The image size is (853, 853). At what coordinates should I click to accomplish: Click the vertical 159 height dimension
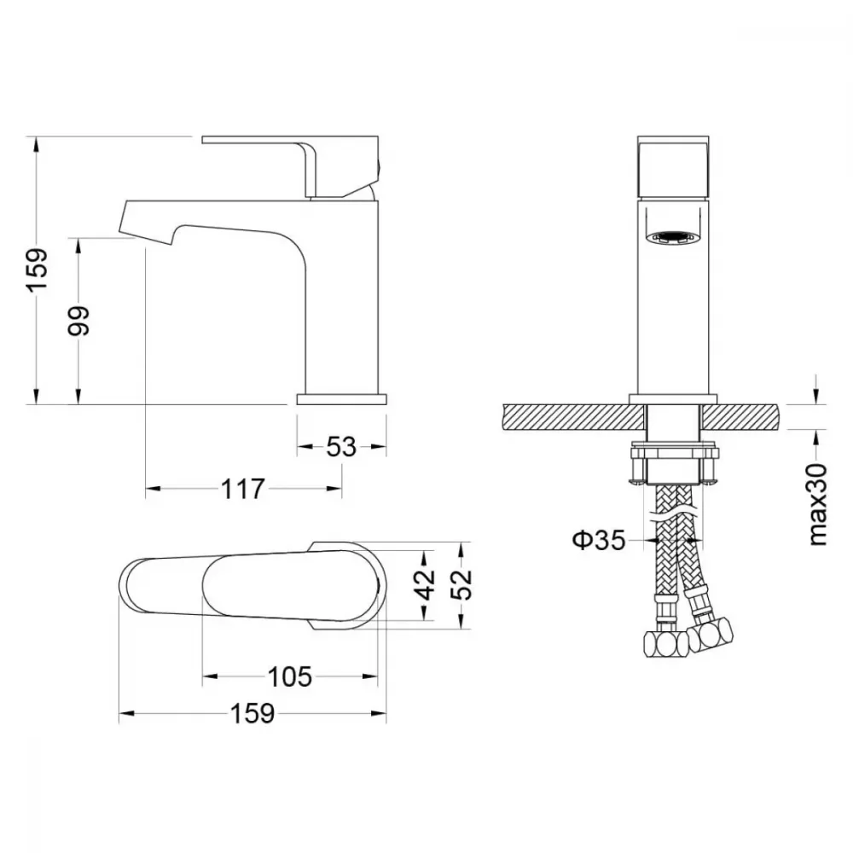click(38, 270)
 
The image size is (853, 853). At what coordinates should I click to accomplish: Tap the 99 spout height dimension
click(78, 321)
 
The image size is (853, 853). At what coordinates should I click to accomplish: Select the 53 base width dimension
click(341, 447)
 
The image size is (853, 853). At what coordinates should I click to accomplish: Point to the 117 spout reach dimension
click(242, 489)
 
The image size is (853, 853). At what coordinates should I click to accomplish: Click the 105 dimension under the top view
click(290, 676)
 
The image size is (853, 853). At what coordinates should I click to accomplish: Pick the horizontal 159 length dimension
click(252, 714)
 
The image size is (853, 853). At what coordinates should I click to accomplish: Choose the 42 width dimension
click(427, 585)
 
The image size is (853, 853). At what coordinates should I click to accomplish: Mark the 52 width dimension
click(461, 585)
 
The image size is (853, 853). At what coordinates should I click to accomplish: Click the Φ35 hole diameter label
click(599, 540)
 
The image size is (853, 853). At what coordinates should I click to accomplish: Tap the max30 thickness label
click(818, 505)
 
